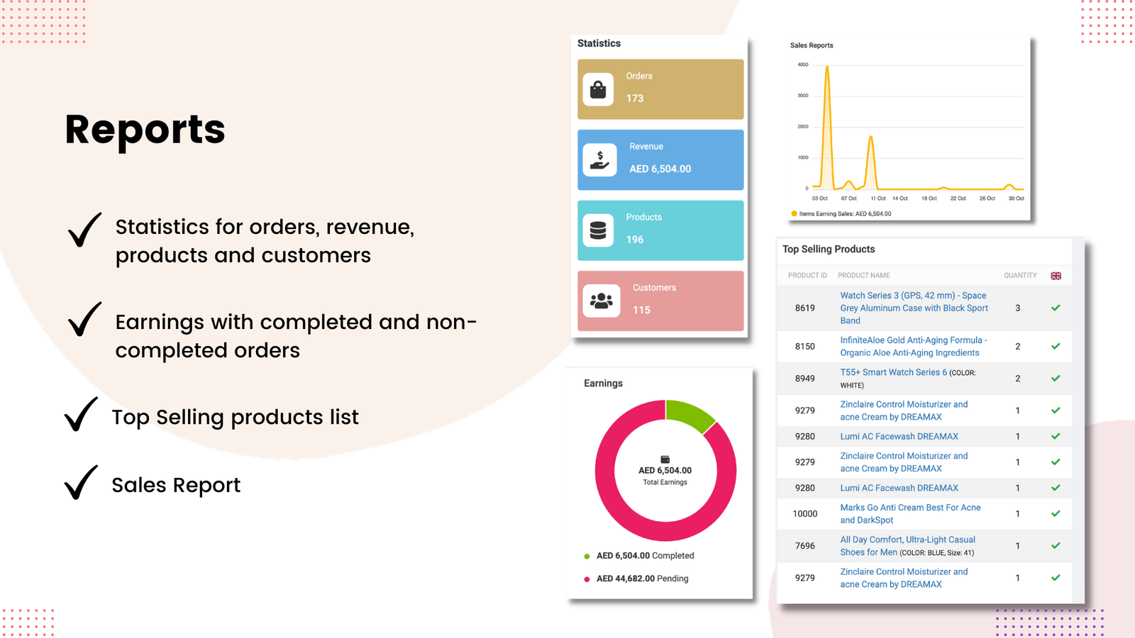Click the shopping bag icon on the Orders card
(598, 89)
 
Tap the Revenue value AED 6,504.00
(660, 169)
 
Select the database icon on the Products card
(598, 230)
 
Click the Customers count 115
(641, 310)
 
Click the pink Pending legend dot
(587, 579)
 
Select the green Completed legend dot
(587, 556)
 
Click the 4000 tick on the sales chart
(802, 65)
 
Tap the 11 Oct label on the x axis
(877, 198)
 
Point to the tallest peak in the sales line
(827, 67)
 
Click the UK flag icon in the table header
(1056, 276)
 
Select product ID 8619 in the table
(804, 308)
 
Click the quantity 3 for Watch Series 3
(1017, 308)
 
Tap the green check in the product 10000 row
(1056, 514)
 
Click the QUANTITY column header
(1019, 276)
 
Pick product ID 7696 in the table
(804, 546)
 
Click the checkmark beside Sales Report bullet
(81, 483)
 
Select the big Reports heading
(145, 130)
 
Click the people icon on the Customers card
(601, 301)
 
